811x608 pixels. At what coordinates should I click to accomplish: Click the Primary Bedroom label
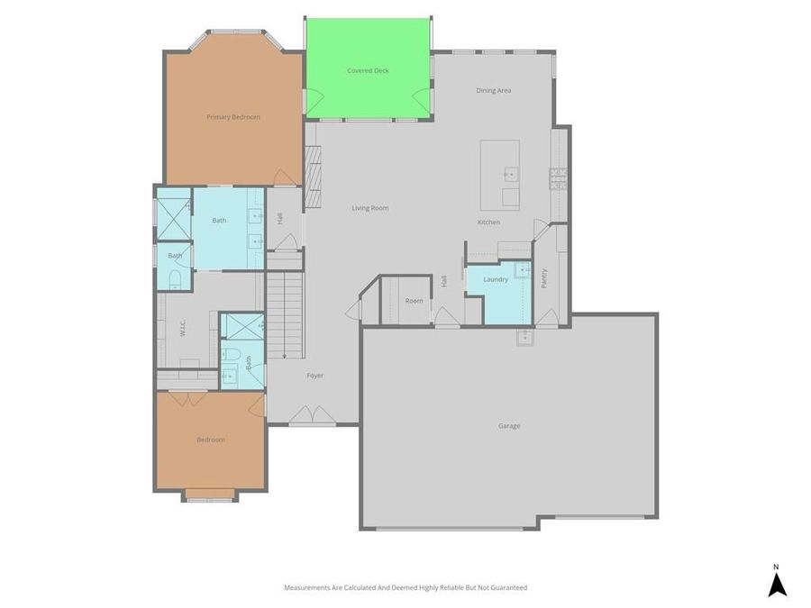[x=232, y=117]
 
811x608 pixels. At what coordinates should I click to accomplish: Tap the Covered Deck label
[x=368, y=70]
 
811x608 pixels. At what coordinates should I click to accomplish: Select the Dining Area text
[x=494, y=90]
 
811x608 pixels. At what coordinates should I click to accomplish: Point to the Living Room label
[x=369, y=208]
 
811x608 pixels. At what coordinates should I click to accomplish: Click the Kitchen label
[x=488, y=222]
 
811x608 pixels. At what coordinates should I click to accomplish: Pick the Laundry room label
[x=496, y=279]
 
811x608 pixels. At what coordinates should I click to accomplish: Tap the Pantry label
[x=544, y=278]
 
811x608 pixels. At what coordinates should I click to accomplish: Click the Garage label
[x=509, y=426]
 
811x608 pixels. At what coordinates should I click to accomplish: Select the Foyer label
[x=314, y=376]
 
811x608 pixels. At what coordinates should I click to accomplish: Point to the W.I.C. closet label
[x=182, y=329]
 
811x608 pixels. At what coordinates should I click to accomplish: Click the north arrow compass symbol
[x=777, y=585]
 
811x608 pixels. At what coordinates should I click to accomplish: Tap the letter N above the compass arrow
[x=776, y=567]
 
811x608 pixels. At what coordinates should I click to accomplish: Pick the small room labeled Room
[x=414, y=301]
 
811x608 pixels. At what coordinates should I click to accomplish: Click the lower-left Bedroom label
[x=210, y=440]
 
